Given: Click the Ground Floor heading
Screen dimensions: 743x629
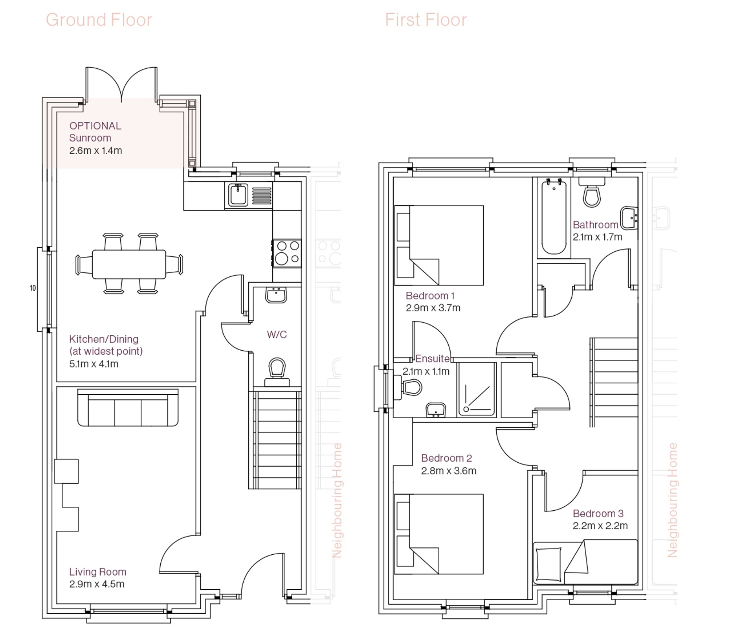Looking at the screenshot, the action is coord(99,20).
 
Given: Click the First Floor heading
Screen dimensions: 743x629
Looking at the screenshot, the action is coord(426,20).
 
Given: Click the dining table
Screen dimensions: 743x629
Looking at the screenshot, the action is coord(129,264).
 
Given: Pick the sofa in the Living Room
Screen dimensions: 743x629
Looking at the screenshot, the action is coord(128,408).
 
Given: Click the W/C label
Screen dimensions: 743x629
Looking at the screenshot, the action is coord(277,335).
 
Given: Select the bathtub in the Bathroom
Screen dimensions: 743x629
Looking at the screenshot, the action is coord(554,217).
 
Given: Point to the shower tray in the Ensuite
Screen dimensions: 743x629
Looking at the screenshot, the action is coord(477,390).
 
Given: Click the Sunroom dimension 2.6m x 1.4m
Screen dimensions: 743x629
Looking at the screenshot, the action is coord(95,151).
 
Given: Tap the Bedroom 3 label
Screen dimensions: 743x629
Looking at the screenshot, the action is coord(598,513).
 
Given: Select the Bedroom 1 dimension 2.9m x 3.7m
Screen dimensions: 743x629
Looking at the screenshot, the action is coord(433,308).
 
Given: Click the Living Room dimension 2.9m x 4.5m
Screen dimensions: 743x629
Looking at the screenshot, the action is coord(97,584).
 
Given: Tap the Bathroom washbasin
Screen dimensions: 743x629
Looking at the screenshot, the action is coord(629,218).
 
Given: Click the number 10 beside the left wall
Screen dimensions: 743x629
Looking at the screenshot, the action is coord(33,288).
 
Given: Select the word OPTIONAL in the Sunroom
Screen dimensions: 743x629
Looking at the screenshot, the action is coord(95,126).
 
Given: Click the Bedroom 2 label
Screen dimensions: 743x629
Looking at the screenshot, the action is coord(446,458).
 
